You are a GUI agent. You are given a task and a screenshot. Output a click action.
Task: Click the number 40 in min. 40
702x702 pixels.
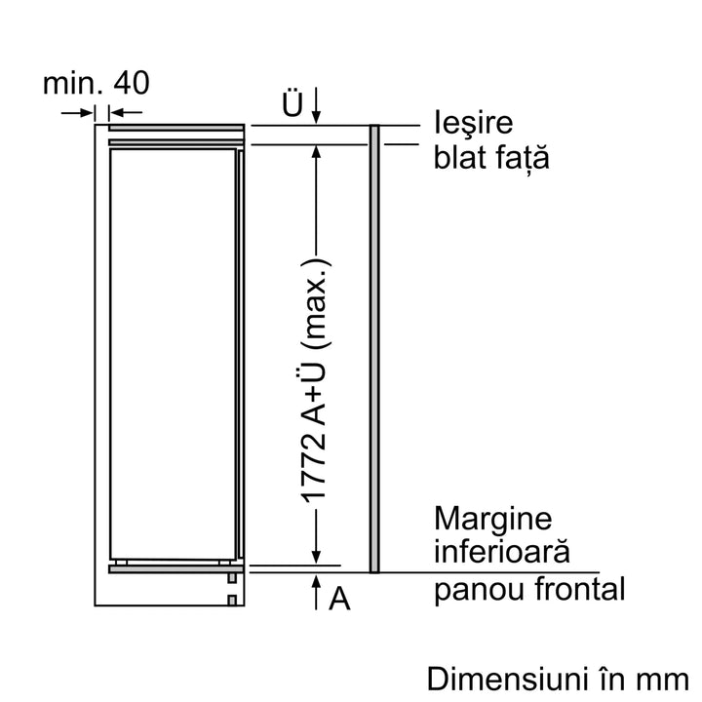coord(132,83)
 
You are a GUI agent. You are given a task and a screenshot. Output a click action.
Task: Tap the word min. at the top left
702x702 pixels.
coord(69,83)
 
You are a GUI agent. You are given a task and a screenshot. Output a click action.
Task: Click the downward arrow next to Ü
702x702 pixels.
coord(316,104)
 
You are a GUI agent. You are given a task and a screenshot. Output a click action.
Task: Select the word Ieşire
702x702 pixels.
coord(473,123)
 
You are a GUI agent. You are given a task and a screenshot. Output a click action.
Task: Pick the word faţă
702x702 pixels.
coord(523,159)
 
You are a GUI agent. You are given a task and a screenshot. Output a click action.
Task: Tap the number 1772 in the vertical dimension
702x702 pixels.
coord(313,468)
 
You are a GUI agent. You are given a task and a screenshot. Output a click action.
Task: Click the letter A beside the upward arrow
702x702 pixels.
coord(339,598)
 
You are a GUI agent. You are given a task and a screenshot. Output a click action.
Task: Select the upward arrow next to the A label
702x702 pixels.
coord(316,592)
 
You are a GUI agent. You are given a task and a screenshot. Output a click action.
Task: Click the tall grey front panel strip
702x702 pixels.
coord(374,349)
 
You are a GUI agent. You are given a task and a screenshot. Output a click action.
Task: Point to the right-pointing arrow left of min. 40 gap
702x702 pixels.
coord(77,113)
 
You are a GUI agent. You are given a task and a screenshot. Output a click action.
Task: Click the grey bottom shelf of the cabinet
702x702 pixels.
coord(176,569)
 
